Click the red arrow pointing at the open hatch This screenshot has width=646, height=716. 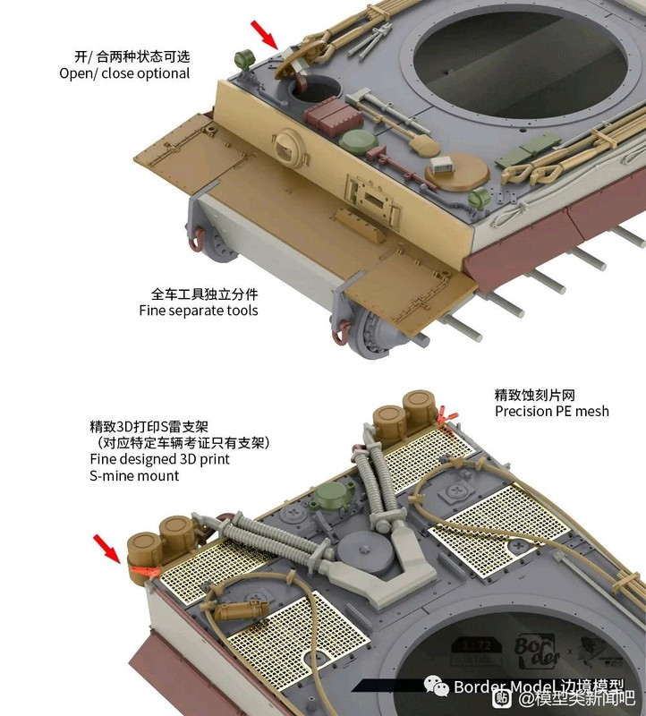(x=265, y=35)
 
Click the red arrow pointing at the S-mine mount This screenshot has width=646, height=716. (x=107, y=550)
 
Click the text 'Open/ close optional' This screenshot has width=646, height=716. (x=124, y=73)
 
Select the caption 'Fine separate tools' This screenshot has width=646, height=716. (x=199, y=311)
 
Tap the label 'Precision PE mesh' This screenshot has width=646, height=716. (x=552, y=411)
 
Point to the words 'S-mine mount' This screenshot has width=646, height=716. (x=134, y=476)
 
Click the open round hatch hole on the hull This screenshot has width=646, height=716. (x=316, y=90)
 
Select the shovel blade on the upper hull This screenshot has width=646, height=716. (x=424, y=146)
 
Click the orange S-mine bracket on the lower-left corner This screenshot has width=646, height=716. (x=143, y=571)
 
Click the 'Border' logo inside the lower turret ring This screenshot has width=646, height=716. (x=538, y=652)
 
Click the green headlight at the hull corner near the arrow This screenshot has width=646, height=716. (x=244, y=60)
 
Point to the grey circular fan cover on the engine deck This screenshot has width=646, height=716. (x=364, y=553)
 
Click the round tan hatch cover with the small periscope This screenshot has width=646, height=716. (x=456, y=171)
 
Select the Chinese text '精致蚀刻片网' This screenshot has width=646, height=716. (x=534, y=395)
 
